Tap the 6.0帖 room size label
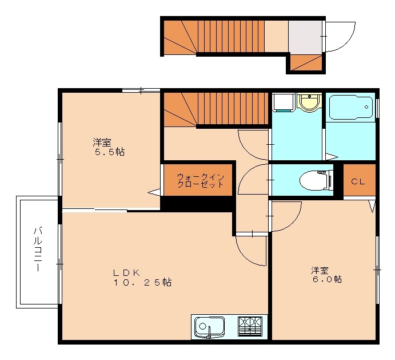click(x=328, y=279)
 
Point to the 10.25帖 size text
click(x=142, y=282)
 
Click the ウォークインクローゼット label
click(x=196, y=180)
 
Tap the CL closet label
click(x=358, y=181)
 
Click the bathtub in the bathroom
click(x=350, y=107)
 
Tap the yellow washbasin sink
click(x=309, y=103)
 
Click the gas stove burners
click(x=252, y=327)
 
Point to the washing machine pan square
click(x=282, y=102)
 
